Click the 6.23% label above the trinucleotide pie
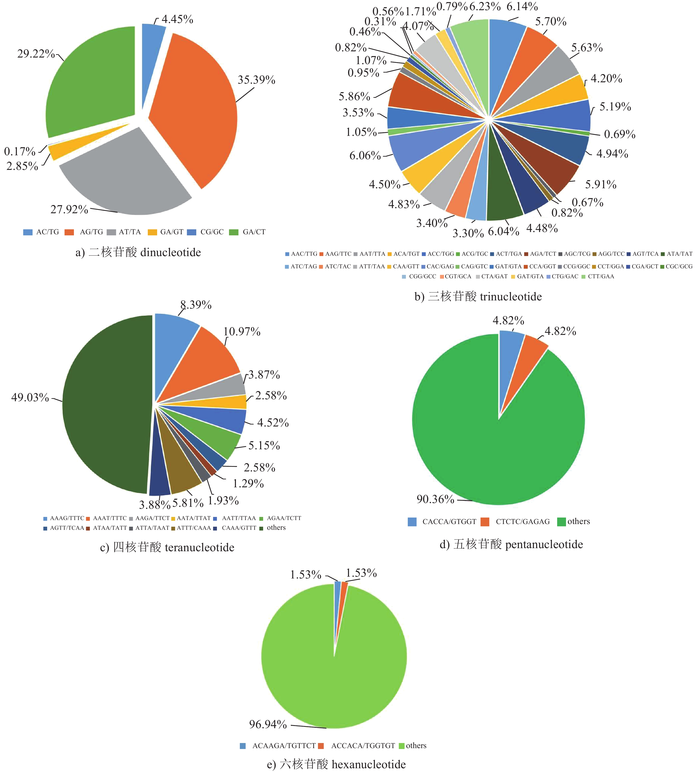pos(485,6)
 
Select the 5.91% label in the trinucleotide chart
pos(601,184)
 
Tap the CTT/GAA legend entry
pos(601,277)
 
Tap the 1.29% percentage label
pos(248,483)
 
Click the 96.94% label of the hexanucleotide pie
pos(268,724)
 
